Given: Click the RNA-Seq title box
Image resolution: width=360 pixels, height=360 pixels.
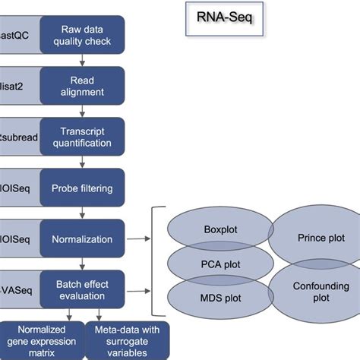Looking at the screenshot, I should pos(225,21).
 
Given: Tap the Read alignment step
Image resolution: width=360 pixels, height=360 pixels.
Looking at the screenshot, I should pos(81,87).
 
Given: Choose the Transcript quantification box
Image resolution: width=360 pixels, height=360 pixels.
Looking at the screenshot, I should pos(81,137).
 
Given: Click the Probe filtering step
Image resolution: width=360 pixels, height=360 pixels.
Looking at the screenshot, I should pos(81,188).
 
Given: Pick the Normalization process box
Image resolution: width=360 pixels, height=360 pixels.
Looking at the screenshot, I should pos(81,239).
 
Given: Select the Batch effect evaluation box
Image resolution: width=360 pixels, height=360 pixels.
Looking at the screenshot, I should pos(81,289).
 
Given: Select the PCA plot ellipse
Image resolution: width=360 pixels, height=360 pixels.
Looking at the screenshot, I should pos(221,264).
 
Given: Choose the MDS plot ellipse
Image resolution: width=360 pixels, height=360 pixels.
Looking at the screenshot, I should pos(221,298).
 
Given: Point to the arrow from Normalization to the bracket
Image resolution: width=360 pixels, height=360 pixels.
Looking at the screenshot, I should pos(138,239).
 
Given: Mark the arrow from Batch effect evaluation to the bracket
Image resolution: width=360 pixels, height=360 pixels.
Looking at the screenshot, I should pos(138,289).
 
